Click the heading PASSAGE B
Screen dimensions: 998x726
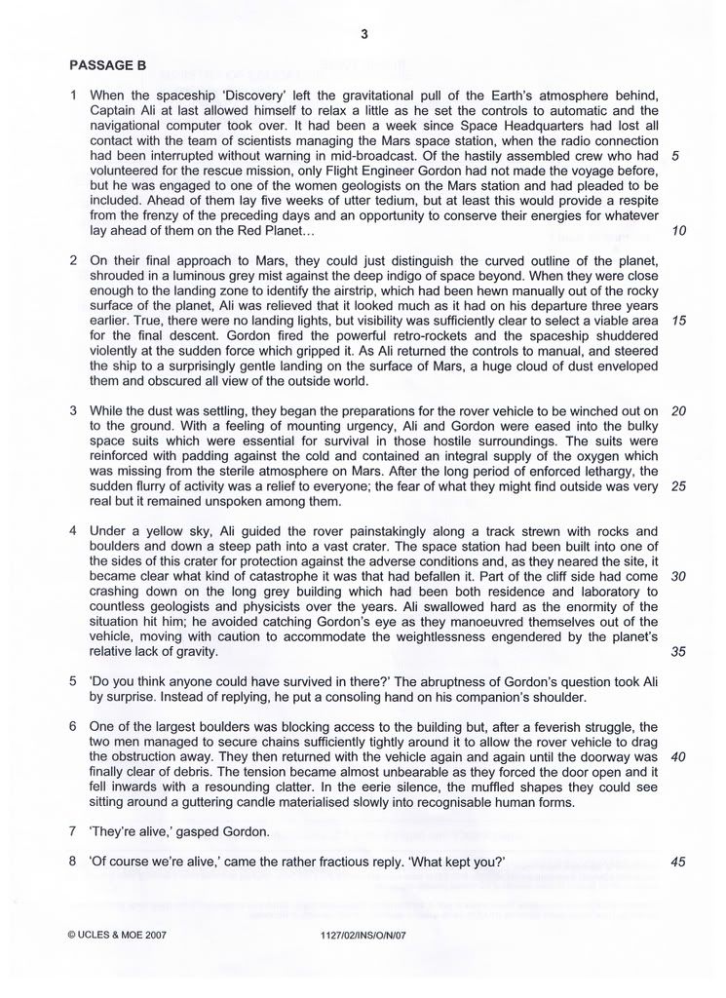(107, 66)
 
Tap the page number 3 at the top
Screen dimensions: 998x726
(363, 35)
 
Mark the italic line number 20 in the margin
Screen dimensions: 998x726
(679, 410)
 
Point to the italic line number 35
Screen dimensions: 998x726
(679, 652)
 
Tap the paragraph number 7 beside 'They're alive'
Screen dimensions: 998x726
(74, 832)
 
